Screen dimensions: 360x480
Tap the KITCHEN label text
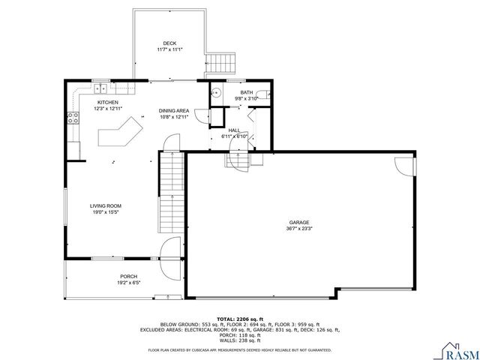pyautogui.click(x=108, y=102)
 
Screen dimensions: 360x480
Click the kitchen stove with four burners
pyautogui.click(x=74, y=117)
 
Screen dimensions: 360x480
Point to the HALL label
pyautogui.click(x=233, y=130)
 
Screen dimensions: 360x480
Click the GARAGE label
pyautogui.click(x=299, y=223)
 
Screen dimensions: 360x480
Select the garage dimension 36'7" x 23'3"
pyautogui.click(x=299, y=229)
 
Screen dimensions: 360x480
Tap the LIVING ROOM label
pyautogui.click(x=106, y=205)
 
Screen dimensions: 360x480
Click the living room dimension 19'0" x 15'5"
pyautogui.click(x=106, y=212)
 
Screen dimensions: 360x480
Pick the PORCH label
pyautogui.click(x=129, y=276)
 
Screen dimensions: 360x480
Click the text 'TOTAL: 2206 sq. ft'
pyautogui.click(x=239, y=318)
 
